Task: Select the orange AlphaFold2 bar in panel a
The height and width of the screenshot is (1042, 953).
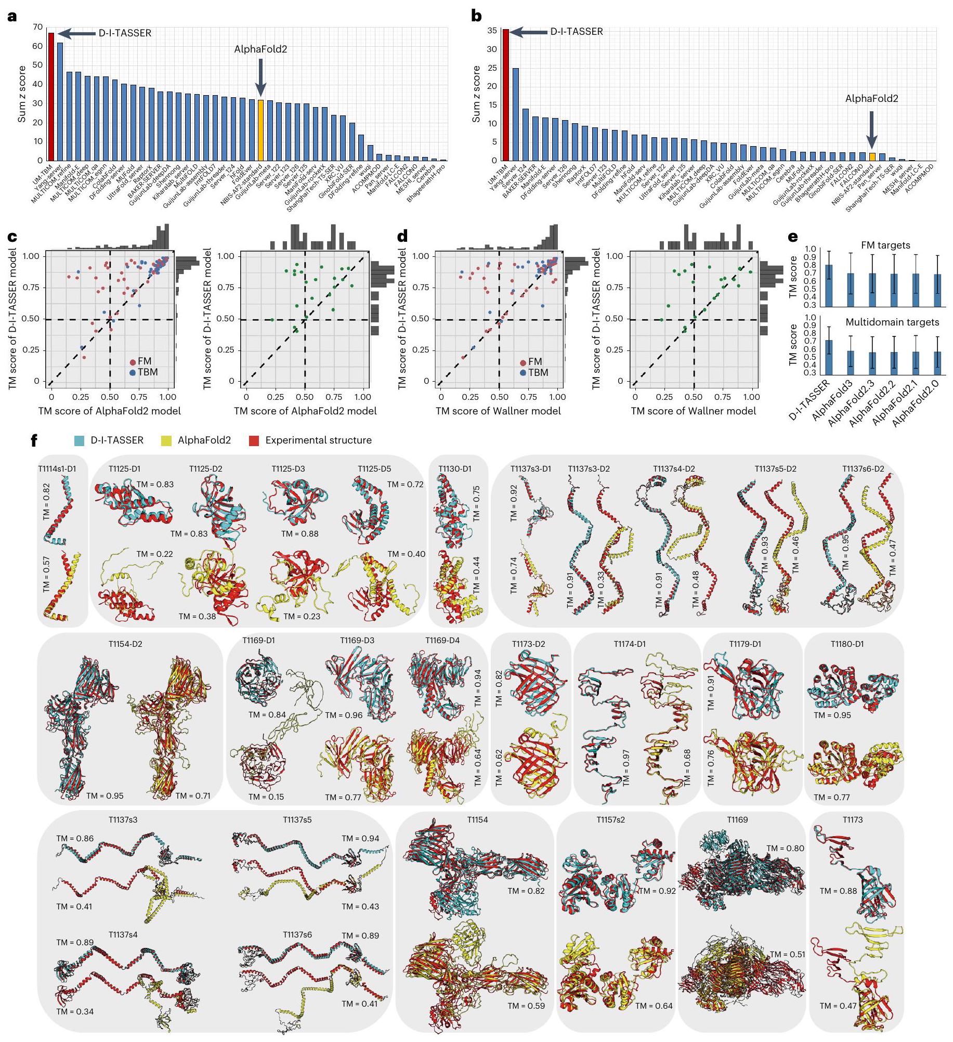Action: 260,130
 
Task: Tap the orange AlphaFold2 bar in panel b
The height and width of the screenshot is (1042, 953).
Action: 872,157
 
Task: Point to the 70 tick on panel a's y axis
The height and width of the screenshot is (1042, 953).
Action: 37,27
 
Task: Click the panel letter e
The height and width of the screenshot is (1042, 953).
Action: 793,237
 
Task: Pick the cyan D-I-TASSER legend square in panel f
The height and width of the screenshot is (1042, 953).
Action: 80,440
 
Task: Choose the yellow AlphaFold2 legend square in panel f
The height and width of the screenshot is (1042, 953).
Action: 166,440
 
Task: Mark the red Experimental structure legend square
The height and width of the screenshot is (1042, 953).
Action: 254,440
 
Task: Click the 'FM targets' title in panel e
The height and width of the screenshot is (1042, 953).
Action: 885,245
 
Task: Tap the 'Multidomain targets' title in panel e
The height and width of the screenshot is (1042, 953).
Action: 892,322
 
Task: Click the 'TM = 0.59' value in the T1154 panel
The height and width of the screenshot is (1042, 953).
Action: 526,1006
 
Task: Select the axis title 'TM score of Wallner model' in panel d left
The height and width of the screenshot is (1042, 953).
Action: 498,411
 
